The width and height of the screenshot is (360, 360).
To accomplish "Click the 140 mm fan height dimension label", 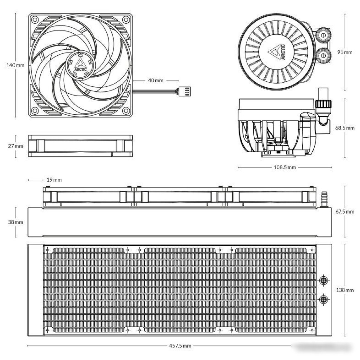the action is pos(15,65).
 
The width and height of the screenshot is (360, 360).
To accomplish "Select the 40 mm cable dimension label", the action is pos(156,81).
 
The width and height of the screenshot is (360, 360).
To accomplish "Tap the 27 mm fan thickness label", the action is pos(16,146).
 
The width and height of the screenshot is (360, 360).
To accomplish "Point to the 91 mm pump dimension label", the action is pos(345,52).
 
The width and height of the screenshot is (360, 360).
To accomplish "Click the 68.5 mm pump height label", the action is pos(345,128).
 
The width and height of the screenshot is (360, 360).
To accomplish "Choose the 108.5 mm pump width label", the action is pos(285,167).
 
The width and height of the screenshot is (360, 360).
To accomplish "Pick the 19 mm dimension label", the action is pos(54,180).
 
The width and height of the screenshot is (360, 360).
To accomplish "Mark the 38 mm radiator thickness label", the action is pos(16,222).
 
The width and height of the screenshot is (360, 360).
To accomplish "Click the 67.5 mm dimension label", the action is pos(345,212).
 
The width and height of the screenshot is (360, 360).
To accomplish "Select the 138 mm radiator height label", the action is pos(345,290).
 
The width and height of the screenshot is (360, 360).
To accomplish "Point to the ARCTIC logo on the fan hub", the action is pos(81,65).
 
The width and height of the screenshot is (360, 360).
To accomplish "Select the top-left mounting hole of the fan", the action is pos(35,19).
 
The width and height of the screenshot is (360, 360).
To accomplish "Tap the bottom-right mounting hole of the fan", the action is pos(126,110).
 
